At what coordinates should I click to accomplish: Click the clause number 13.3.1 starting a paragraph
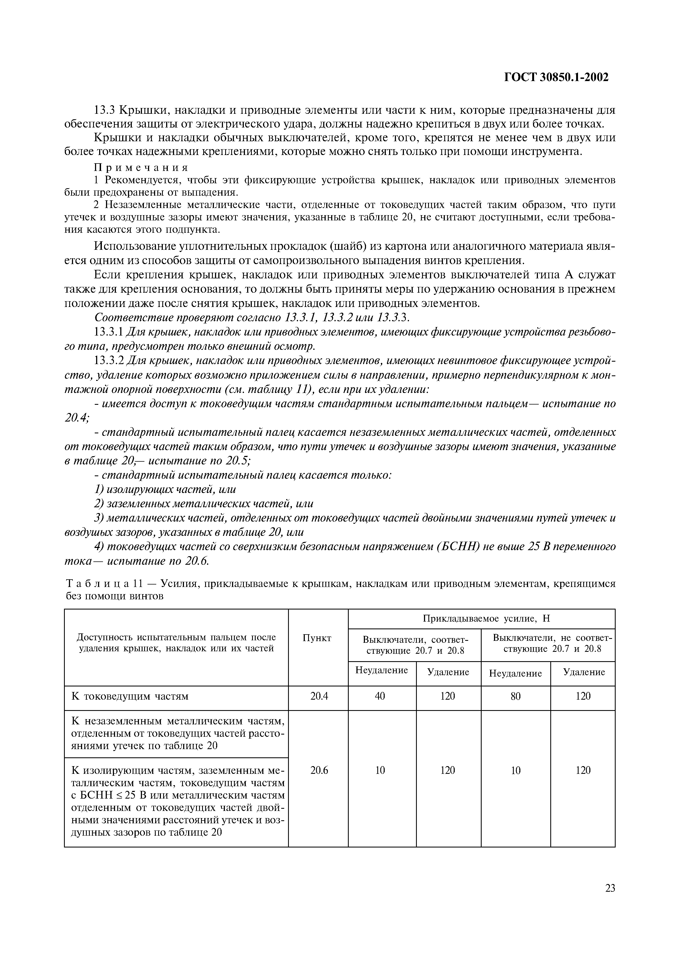pyautogui.click(x=108, y=333)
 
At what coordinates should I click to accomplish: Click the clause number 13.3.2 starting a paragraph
pyautogui.click(x=108, y=361)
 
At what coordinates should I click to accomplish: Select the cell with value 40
pyautogui.click(x=380, y=696)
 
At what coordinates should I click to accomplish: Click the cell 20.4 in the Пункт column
pyautogui.click(x=319, y=696)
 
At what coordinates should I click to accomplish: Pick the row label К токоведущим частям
pyautogui.click(x=130, y=696)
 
